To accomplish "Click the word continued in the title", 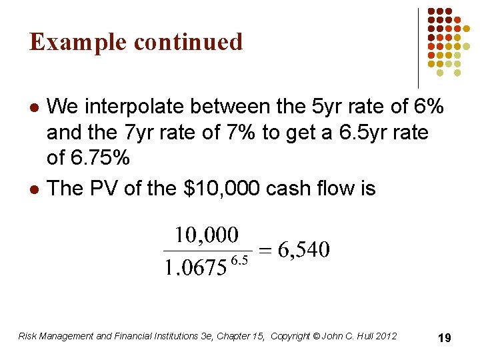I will [x=189, y=41].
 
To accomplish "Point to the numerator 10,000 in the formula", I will [x=206, y=235].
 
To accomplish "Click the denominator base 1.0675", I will [x=195, y=269].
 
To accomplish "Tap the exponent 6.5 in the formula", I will [x=239, y=260].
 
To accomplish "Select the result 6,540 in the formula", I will [x=304, y=250].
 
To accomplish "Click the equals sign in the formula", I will [x=266, y=251].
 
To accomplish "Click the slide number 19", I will [x=444, y=339].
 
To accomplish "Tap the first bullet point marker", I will [x=34, y=107].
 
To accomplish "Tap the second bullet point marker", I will [x=34, y=189].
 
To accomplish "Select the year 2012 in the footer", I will [x=386, y=336].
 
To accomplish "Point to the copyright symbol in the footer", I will [x=316, y=336].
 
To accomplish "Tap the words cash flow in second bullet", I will [x=318, y=189].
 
